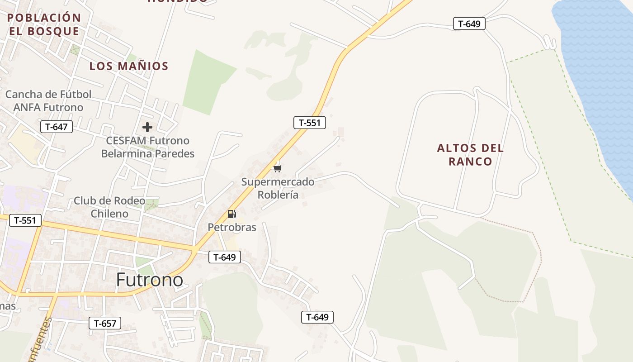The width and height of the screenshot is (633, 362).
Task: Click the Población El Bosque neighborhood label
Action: [x=44, y=24]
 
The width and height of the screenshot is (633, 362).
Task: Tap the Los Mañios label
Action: [x=129, y=66]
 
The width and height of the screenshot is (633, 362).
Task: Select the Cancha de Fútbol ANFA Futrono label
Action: [x=48, y=101]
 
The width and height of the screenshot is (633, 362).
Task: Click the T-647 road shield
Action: [x=57, y=127]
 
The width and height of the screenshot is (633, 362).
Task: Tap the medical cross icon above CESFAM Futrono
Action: [x=147, y=127]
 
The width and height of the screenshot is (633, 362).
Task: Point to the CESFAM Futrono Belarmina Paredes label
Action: [x=147, y=147]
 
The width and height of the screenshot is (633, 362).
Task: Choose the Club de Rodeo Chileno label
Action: [x=109, y=207]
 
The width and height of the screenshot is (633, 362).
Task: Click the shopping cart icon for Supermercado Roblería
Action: [x=277, y=168]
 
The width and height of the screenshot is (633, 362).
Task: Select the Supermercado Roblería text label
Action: [x=278, y=188]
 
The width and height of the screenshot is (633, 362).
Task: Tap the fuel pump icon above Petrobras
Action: [x=231, y=214]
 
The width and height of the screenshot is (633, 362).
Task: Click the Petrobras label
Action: [x=232, y=227]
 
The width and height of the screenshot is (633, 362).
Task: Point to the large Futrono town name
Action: [x=150, y=280]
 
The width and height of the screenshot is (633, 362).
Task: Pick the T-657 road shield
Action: [x=105, y=323]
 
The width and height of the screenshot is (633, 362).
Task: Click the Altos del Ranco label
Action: [x=470, y=155]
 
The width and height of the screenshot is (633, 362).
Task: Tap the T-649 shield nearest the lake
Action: [x=469, y=24]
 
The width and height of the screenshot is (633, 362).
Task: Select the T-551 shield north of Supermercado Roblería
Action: [x=310, y=122]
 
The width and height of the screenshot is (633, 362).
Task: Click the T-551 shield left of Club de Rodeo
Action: [x=25, y=220]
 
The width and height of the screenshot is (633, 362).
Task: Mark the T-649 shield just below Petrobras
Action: [x=225, y=257]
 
